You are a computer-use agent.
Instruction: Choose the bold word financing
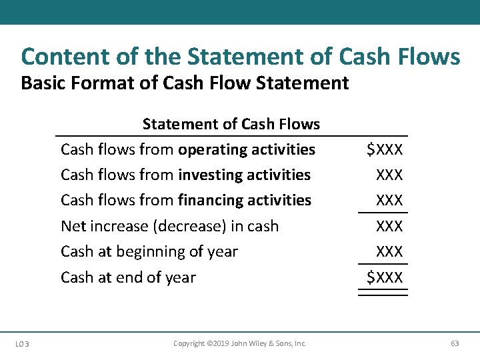coord(214,200)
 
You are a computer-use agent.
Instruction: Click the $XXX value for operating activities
coord(385,149)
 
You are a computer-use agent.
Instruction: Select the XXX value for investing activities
coord(389,175)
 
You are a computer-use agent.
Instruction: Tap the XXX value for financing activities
coord(389,200)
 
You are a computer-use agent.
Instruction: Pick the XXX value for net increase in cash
coord(389,226)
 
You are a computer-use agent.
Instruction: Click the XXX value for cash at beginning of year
coord(389,251)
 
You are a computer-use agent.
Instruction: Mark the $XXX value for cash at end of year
coord(385,277)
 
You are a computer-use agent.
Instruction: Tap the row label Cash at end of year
coord(128,277)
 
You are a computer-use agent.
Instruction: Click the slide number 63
coord(455,343)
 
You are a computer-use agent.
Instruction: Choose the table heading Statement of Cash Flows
coord(231,124)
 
